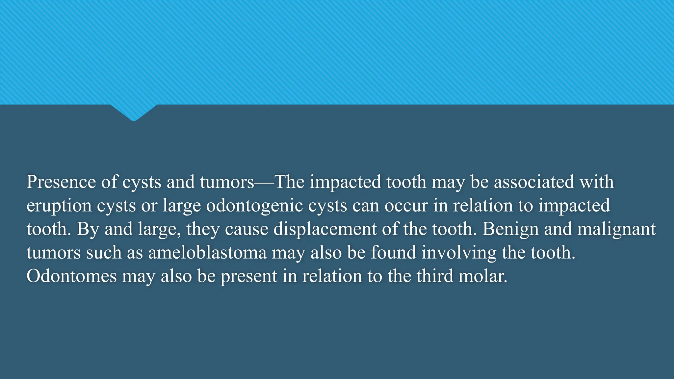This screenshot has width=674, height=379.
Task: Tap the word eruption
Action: pos(59,206)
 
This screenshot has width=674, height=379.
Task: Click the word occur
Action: pos(406,205)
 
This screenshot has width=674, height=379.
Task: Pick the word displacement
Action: pos(325,229)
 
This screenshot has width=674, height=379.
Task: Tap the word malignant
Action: pos(616,230)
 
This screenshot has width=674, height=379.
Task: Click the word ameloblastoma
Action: pos(207,253)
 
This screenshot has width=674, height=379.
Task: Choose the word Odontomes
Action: pos(71,276)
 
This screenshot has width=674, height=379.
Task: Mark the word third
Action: pos(435,276)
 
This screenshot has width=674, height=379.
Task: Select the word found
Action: pos(393,252)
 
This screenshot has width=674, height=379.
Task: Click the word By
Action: pos(88,230)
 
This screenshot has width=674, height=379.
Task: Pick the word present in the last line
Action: pos(248,277)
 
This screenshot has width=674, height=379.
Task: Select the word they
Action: pos(203,230)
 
